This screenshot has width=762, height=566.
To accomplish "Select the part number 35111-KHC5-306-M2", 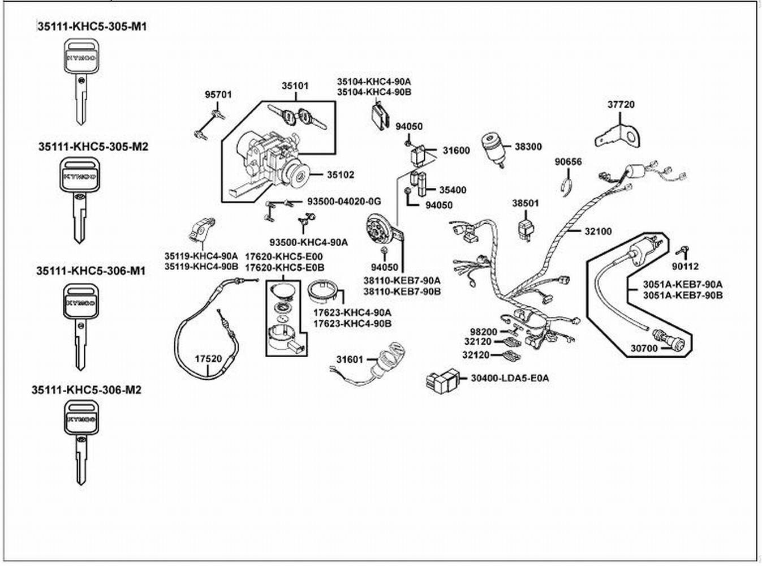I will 87,390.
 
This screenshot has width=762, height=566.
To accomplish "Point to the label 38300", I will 528,147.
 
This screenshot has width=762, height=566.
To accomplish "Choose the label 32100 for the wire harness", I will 598,231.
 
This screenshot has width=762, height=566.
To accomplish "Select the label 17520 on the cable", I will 209,359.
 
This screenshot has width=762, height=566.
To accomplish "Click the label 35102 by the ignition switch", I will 341,175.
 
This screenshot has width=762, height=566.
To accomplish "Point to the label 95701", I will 218,95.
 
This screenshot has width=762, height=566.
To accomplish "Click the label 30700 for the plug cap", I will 644,349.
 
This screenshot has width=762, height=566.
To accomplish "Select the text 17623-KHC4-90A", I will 352,312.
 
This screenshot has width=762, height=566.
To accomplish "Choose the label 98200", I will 484,332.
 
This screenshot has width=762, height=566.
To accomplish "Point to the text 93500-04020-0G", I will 344,201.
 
